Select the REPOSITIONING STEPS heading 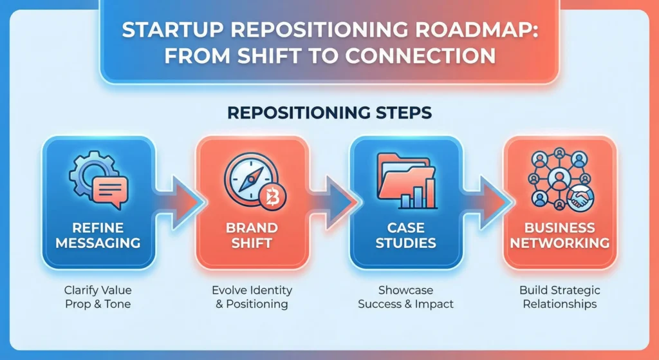[329, 112]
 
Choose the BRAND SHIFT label [251, 236]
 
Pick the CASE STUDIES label [405, 236]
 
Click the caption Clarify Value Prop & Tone [97, 297]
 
